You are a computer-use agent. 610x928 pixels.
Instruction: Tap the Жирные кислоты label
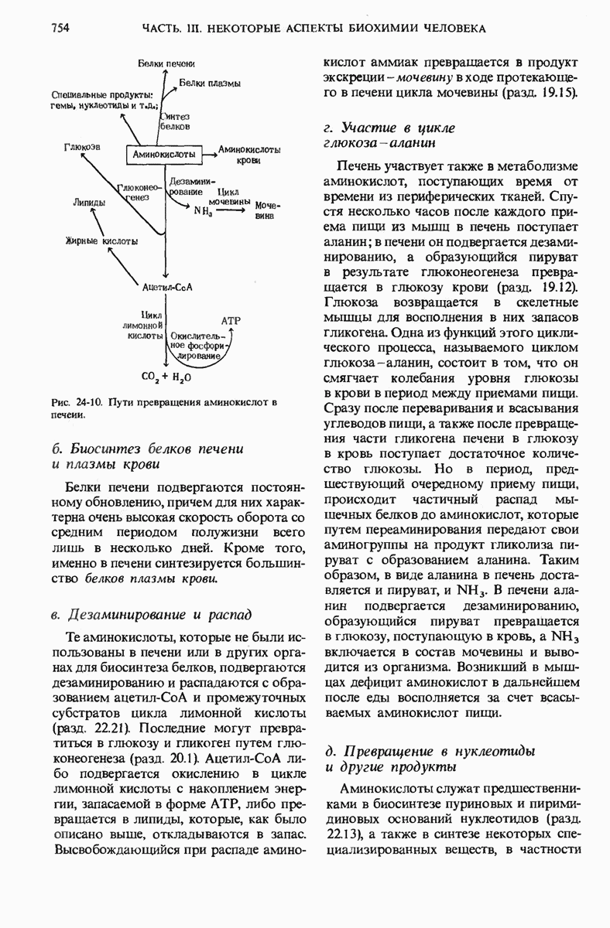point(102,241)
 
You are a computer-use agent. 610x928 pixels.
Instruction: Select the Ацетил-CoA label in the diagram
point(167,287)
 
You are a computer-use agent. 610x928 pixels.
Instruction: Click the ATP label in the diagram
point(231,319)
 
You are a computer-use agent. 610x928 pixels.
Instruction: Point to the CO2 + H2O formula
point(166,378)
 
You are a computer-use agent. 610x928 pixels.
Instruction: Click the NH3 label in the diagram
point(204,210)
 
